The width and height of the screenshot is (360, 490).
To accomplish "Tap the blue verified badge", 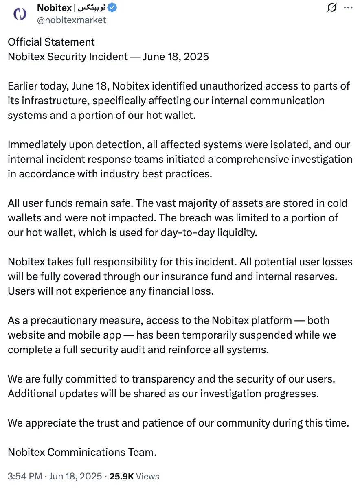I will coord(112,8).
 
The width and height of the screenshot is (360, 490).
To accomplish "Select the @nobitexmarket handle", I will coord(71,20).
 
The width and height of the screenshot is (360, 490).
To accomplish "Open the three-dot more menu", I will coord(348,8).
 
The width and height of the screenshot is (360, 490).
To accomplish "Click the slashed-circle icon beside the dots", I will coord(332,8).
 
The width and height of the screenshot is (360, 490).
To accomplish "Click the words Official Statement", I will coord(51,42).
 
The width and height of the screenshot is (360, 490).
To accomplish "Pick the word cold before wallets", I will coord(339,203).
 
